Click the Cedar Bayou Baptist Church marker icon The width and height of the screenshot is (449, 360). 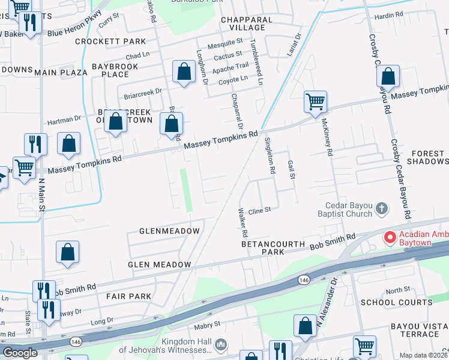[x=381, y=209]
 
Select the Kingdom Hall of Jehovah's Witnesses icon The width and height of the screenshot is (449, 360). [x=220, y=344]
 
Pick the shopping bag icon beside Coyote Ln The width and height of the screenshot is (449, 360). [x=184, y=72]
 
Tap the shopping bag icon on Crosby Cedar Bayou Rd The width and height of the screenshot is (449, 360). [x=388, y=76]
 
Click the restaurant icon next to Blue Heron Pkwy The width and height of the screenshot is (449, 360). [x=29, y=23]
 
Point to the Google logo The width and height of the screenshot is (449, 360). [x=20, y=353]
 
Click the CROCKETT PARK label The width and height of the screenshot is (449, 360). [x=110, y=41]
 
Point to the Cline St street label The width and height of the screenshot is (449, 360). [x=261, y=211]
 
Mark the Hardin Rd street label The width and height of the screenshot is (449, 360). [x=388, y=15]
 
